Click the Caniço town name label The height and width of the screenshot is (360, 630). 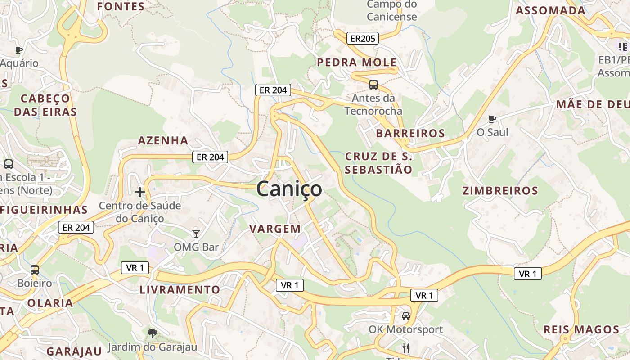coord(289,189)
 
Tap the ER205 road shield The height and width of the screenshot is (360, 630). coord(362,38)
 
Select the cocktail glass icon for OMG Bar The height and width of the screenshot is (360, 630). coord(196,233)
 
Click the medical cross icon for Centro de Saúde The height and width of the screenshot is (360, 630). coord(140,192)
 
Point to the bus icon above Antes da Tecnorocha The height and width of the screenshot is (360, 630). coord(373,84)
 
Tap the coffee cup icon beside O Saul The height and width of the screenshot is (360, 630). coord(492,119)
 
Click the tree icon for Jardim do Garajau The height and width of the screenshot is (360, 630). coord(153,333)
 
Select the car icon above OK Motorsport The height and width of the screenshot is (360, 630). coord(406,315)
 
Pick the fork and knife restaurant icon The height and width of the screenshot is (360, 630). coord(406,347)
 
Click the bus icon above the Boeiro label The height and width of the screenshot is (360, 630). coord(35,270)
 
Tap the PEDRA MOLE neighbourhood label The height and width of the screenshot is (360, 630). coord(357,62)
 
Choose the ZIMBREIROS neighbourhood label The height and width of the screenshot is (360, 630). coord(500,190)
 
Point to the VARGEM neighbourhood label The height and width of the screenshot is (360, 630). coord(275,229)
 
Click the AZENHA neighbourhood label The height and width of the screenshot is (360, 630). coord(163,140)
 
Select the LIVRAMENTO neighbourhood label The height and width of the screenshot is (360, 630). coord(180,289)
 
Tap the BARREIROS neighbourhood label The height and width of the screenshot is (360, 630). coord(410,133)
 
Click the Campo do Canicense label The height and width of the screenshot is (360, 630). coord(391,11)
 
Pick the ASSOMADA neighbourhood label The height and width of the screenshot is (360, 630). coord(550,10)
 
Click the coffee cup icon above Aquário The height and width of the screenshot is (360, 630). coord(18,50)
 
